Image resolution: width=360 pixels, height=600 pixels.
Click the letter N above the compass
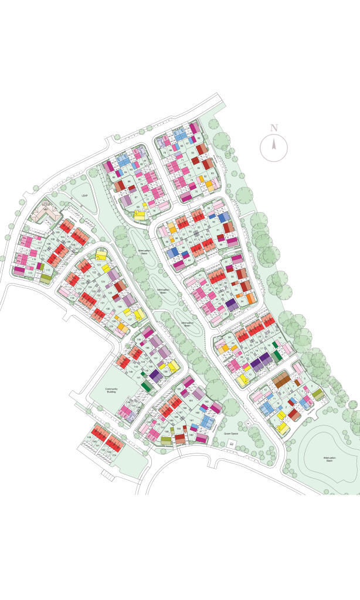pyautogui.click(x=274, y=128)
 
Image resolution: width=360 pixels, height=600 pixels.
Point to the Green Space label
pyautogui.click(x=230, y=434)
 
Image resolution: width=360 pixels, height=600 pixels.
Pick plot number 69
pyautogui.click(x=138, y=206)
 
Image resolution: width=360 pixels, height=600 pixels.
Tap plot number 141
pyautogui.click(x=139, y=378)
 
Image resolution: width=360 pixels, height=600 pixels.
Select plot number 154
pyautogui.click(x=114, y=454)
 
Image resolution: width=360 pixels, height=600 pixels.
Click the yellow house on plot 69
pyautogui.click(x=140, y=214)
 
